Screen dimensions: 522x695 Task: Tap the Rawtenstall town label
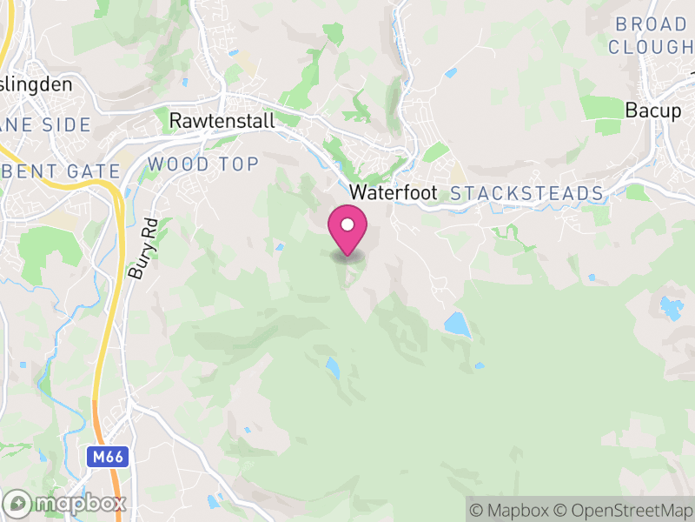[x=222, y=120]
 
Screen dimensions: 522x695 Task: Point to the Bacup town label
[x=653, y=110]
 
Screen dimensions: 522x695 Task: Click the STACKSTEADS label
[x=526, y=192]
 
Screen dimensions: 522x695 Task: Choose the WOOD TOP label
[x=203, y=164]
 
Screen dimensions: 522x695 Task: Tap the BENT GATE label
[x=59, y=171]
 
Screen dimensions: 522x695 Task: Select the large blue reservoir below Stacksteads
[x=457, y=325]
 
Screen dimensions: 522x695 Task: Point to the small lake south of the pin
[x=333, y=367]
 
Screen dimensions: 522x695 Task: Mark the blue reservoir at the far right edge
[x=671, y=307]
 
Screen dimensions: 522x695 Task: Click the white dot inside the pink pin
[x=347, y=224]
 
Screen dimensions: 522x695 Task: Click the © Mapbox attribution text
[x=511, y=510]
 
